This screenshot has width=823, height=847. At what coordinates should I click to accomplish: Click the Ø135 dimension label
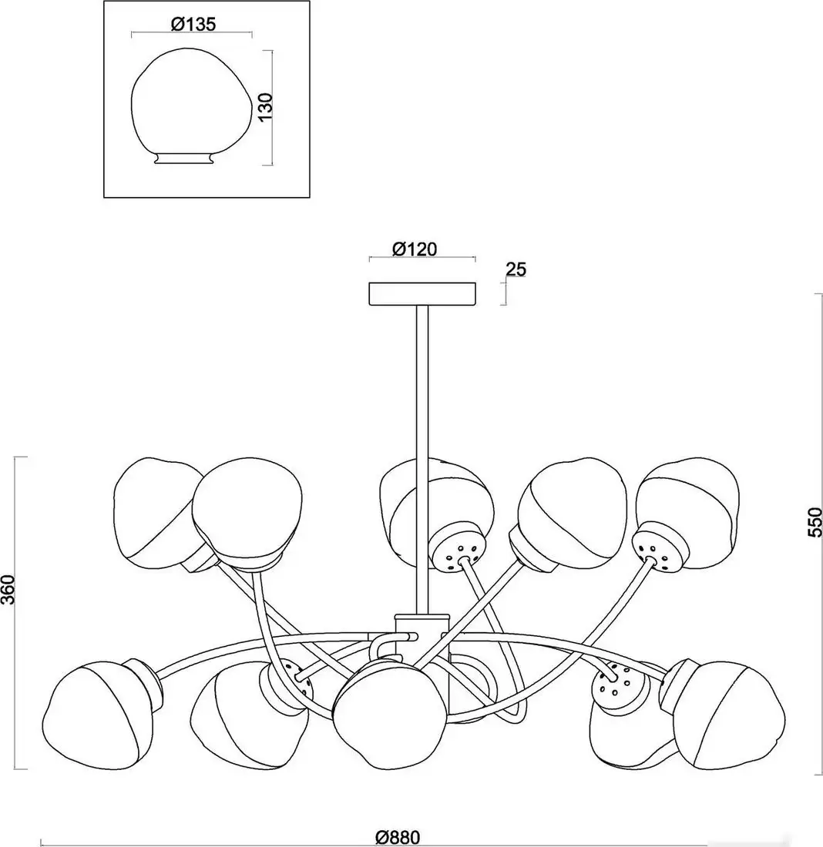193,25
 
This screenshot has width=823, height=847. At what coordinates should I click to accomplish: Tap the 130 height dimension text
265,108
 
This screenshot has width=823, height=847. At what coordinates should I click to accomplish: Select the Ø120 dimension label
415,249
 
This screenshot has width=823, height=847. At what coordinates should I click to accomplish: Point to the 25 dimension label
516,269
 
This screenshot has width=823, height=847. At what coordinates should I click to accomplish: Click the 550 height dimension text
815,522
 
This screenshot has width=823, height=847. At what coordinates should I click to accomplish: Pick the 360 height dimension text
8,589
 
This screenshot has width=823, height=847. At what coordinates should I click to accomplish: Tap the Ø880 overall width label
398,838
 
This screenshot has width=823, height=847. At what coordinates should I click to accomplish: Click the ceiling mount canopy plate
422,294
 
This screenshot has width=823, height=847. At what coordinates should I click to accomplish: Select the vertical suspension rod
422,459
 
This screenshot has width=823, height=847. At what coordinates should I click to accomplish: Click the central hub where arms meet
422,633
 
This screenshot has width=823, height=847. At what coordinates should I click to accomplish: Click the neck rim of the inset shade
183,159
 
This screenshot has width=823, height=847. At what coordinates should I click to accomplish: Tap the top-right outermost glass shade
687,513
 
